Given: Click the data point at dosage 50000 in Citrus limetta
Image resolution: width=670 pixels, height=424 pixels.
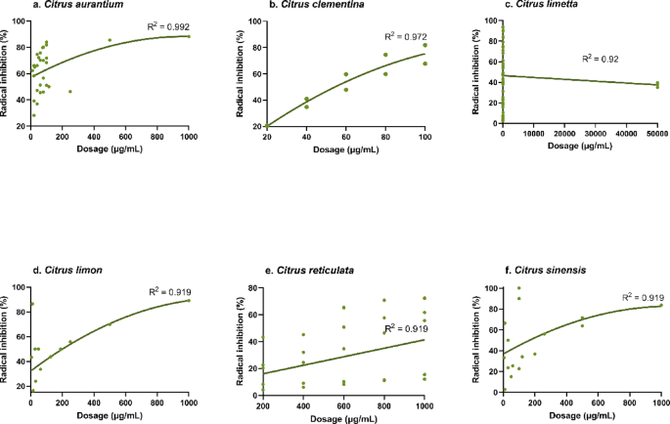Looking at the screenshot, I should click(658, 85).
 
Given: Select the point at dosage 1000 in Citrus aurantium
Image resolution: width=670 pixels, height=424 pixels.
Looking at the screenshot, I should click(189, 36).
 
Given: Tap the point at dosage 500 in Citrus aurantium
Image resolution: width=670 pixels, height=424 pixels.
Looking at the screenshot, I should click(110, 40).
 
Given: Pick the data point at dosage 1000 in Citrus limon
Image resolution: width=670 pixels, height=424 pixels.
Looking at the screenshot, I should click(189, 301).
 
